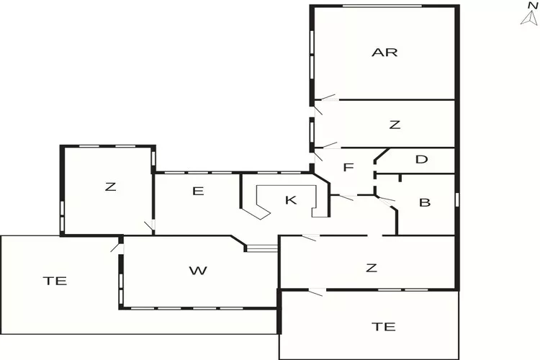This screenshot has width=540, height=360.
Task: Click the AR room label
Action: [x=384, y=52]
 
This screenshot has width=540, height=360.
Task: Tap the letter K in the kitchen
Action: [x=291, y=200]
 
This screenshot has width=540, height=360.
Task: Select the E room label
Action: [x=199, y=191]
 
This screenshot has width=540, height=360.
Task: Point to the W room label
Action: [x=198, y=271]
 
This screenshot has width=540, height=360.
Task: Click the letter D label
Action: [x=422, y=159]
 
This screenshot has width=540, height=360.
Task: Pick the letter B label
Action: [x=425, y=202]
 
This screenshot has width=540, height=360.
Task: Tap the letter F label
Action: [x=348, y=168]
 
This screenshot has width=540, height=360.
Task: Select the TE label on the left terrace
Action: [x=55, y=281]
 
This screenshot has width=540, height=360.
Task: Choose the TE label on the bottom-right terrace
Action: [x=384, y=326]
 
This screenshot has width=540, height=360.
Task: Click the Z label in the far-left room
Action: [x=110, y=186]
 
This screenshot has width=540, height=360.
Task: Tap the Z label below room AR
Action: [x=394, y=125]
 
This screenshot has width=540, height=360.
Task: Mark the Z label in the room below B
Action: [x=371, y=268]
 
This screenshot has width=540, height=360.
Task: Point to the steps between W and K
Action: [x=261, y=248]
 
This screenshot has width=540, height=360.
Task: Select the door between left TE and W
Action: [x=117, y=246]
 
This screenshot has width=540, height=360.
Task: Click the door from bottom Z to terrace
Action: [x=316, y=290]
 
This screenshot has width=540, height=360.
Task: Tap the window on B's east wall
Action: [x=457, y=198]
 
